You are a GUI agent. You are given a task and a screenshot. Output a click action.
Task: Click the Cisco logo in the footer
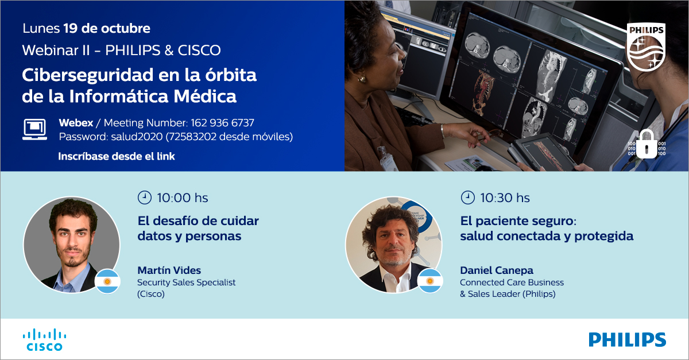point(44,339)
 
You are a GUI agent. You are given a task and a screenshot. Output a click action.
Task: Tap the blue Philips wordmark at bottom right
point(627,339)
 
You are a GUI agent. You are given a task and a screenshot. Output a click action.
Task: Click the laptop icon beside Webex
point(35,129)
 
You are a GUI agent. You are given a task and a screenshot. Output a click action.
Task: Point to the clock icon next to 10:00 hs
point(144,198)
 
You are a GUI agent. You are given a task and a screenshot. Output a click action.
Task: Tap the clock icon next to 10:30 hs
point(468,198)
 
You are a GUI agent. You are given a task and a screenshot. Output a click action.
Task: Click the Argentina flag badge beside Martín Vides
point(107,281)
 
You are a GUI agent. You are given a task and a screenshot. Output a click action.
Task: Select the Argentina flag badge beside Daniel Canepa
point(429,281)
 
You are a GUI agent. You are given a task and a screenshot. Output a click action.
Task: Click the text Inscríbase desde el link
point(117,156)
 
